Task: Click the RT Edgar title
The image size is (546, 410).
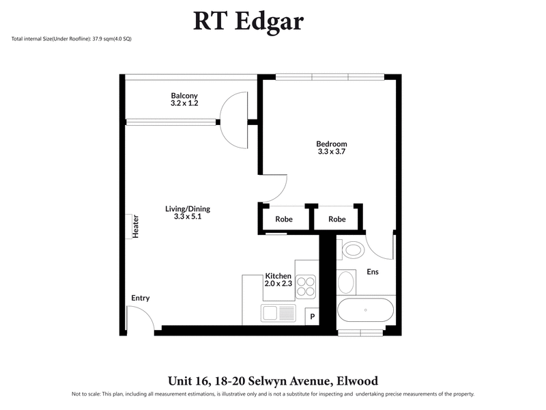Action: click(248, 21)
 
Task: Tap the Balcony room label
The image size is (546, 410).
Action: click(184, 96)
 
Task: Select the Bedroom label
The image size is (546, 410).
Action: click(332, 144)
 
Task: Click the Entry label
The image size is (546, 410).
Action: click(141, 298)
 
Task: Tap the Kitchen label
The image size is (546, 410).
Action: click(278, 275)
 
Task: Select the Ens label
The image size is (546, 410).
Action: click(373, 272)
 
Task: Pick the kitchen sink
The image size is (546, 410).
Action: click(278, 314)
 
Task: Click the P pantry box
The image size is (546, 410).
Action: click(313, 316)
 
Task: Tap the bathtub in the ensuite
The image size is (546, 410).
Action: click(366, 311)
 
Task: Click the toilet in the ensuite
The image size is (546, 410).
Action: click(353, 249)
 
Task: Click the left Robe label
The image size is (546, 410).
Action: click(284, 219)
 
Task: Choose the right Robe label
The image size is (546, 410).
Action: click(337, 219)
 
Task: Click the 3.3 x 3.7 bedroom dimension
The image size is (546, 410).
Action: click(332, 152)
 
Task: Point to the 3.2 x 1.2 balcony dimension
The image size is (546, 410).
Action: click(184, 103)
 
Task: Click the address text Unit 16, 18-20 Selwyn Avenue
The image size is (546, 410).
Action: click(272, 381)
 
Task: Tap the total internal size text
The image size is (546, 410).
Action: click(72, 39)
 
